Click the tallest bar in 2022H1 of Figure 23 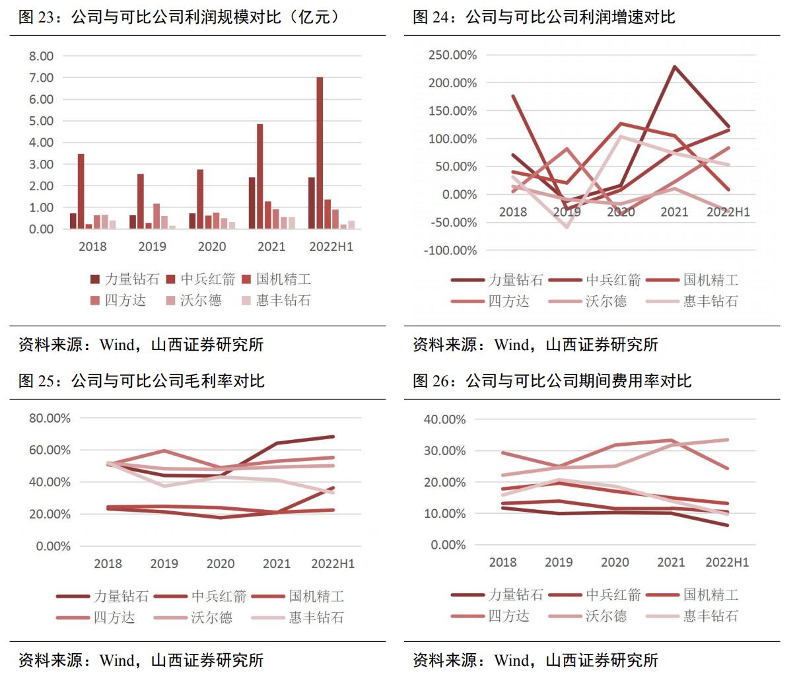pos(320,153)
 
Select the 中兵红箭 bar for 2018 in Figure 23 pos(81,192)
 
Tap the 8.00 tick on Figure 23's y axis pos(41,56)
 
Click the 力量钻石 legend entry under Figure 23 pos(125,279)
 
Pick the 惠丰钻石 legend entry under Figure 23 pos(276,301)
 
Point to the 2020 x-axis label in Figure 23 pos(211,246)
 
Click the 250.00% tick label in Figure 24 pos(452,55)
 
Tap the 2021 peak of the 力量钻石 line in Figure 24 pos(674,67)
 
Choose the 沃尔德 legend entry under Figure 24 pos(598,301)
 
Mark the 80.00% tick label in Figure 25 pos(50,418)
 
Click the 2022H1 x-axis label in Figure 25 pos(333,563)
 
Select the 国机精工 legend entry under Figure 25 pos(308,596)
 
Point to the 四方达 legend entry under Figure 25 pos(105,618)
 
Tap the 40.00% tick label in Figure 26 pos(444,419)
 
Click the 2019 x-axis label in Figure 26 pos(559,562)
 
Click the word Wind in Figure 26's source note pos(512,660)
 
